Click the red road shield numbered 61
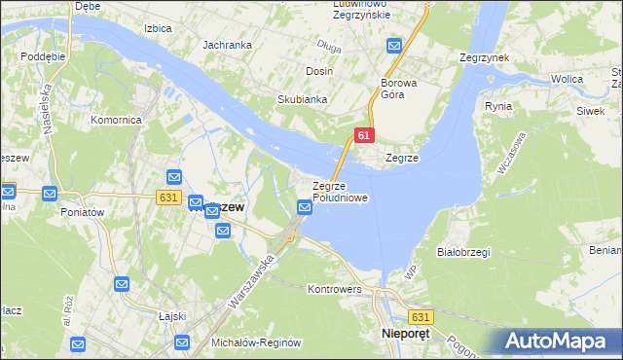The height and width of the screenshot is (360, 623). tap(362, 136)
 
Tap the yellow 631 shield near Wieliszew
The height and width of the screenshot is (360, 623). tap(168, 197)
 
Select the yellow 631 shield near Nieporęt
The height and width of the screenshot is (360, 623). tap(421, 317)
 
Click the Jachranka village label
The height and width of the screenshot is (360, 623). tap(227, 45)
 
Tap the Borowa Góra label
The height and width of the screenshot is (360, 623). tap(399, 90)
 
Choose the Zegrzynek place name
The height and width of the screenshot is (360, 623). tap(485, 57)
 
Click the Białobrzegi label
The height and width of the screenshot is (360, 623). tap(463, 252)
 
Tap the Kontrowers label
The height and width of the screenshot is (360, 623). tap(334, 289)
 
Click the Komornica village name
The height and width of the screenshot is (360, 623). tap(117, 120)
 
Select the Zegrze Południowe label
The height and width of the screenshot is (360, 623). tap(340, 192)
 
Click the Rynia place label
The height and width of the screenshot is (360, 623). tap(497, 105)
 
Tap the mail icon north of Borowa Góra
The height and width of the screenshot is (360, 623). tap(394, 46)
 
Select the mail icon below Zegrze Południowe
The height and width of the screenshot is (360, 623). tap(303, 206)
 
